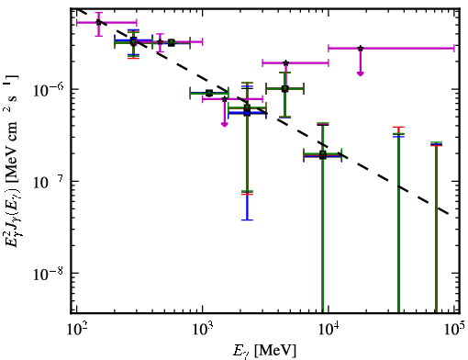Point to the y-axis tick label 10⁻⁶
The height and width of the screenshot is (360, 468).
[x=48, y=90]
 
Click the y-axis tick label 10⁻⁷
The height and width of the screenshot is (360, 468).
[x=48, y=182]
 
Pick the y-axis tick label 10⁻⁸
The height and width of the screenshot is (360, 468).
[x=48, y=274]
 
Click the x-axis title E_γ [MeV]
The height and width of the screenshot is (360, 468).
[x=264, y=351]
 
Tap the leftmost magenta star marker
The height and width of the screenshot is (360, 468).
[x=98, y=22]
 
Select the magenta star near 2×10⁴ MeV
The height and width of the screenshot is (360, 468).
[x=361, y=48]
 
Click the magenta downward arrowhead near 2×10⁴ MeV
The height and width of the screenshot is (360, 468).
[x=361, y=73]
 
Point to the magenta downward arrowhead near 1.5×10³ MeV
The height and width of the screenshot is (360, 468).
[x=225, y=124]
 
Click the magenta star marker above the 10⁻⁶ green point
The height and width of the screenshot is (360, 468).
[x=285, y=63]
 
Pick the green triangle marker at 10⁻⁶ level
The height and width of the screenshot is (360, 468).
[x=285, y=89]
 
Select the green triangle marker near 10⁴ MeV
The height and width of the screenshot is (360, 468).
[x=323, y=154]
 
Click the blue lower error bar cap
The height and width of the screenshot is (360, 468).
[x=247, y=219]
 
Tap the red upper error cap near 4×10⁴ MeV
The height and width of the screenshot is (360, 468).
[x=398, y=127]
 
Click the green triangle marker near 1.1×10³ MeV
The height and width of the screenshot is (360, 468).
[x=209, y=93]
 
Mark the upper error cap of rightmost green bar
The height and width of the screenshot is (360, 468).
[x=436, y=142]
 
